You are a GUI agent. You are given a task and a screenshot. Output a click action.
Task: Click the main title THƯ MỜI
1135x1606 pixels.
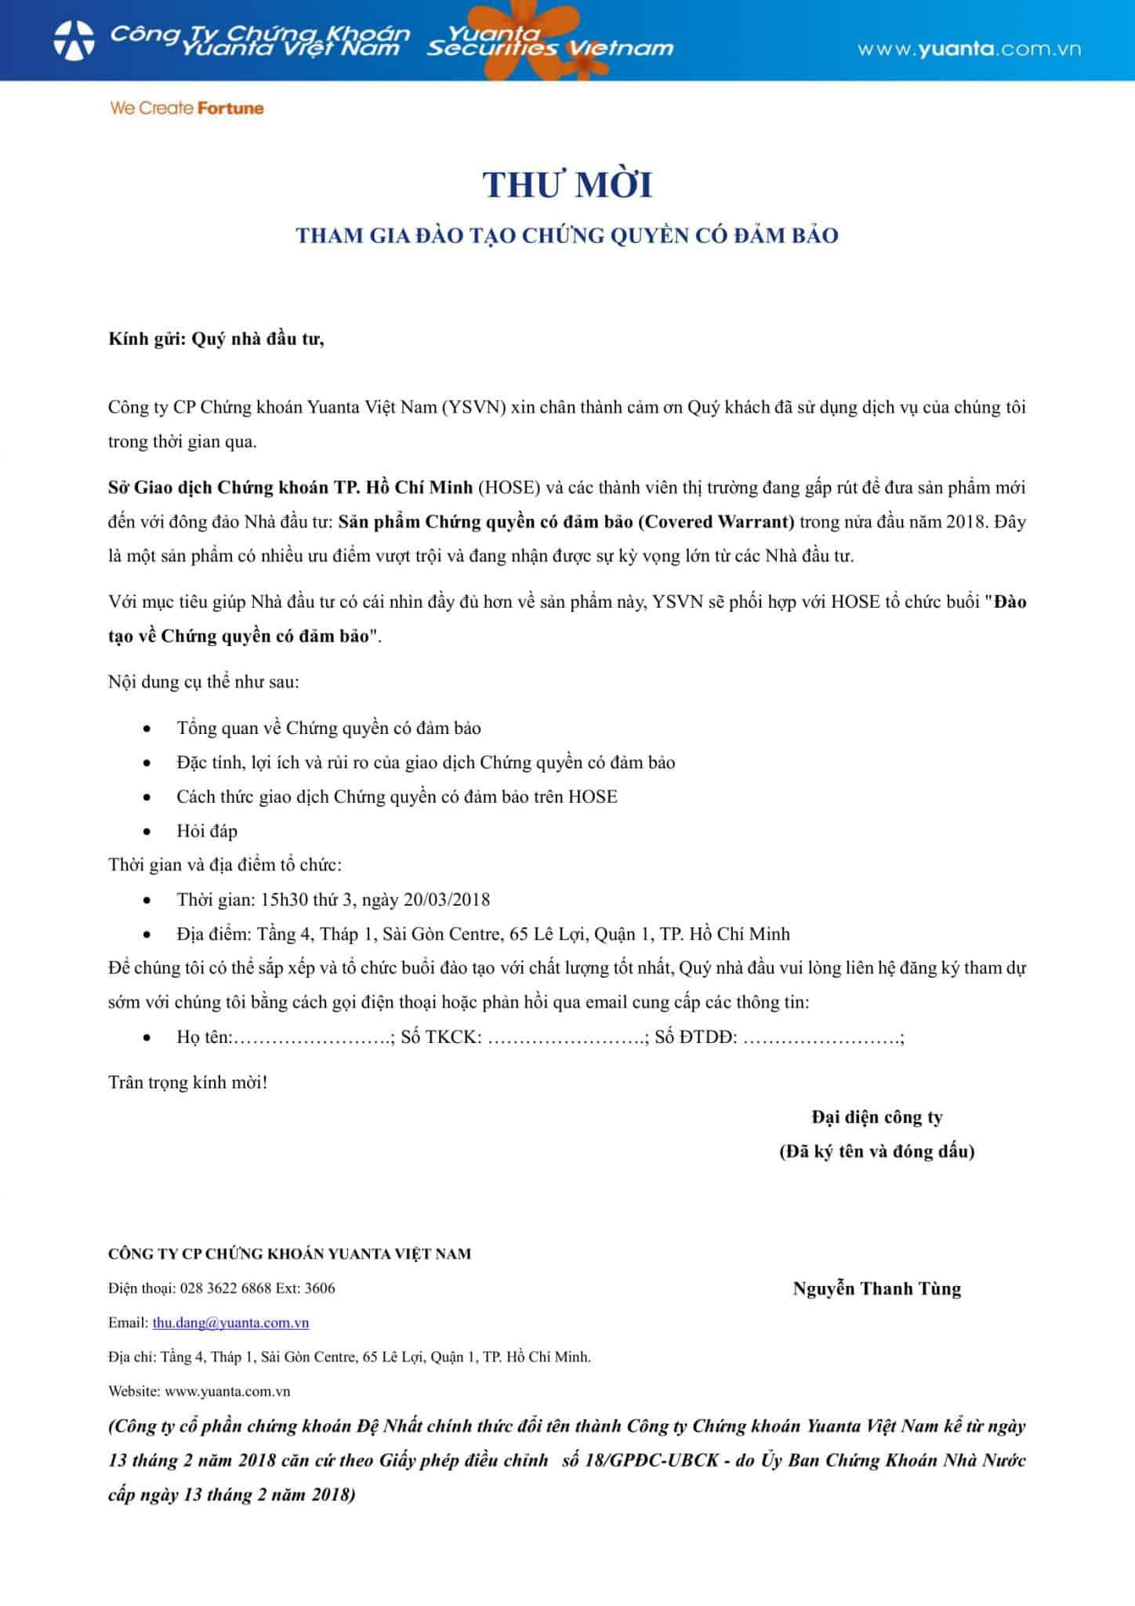[x=567, y=185]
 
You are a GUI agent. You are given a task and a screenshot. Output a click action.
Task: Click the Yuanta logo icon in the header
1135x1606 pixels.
[x=74, y=40]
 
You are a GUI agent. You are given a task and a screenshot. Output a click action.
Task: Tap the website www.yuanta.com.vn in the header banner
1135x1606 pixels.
[x=969, y=49]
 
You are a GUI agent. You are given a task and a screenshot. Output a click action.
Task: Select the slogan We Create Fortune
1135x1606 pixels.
[x=187, y=108]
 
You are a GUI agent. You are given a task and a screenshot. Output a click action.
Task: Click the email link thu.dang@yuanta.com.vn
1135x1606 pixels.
[x=230, y=1322]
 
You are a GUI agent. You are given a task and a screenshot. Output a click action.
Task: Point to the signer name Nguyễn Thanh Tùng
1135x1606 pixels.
[x=876, y=1288]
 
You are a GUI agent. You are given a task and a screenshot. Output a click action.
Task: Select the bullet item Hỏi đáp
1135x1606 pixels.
[x=207, y=830]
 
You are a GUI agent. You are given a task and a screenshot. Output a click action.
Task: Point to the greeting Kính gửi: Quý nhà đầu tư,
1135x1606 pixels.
[x=216, y=339]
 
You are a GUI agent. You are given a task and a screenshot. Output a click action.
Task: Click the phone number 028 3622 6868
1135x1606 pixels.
[x=226, y=1288]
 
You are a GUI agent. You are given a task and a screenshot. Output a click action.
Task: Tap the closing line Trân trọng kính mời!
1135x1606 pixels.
[x=188, y=1082]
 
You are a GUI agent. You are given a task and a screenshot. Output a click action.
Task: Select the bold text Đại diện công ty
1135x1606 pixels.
[x=876, y=1117]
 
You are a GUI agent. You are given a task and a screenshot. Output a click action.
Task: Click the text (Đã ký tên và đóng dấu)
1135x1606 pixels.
[x=876, y=1151]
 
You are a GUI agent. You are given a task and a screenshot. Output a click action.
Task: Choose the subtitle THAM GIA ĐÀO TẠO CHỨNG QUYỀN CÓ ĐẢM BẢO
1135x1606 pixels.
[x=567, y=235]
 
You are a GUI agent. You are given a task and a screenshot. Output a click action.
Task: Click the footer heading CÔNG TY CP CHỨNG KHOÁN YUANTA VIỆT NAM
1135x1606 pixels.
[x=290, y=1253]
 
